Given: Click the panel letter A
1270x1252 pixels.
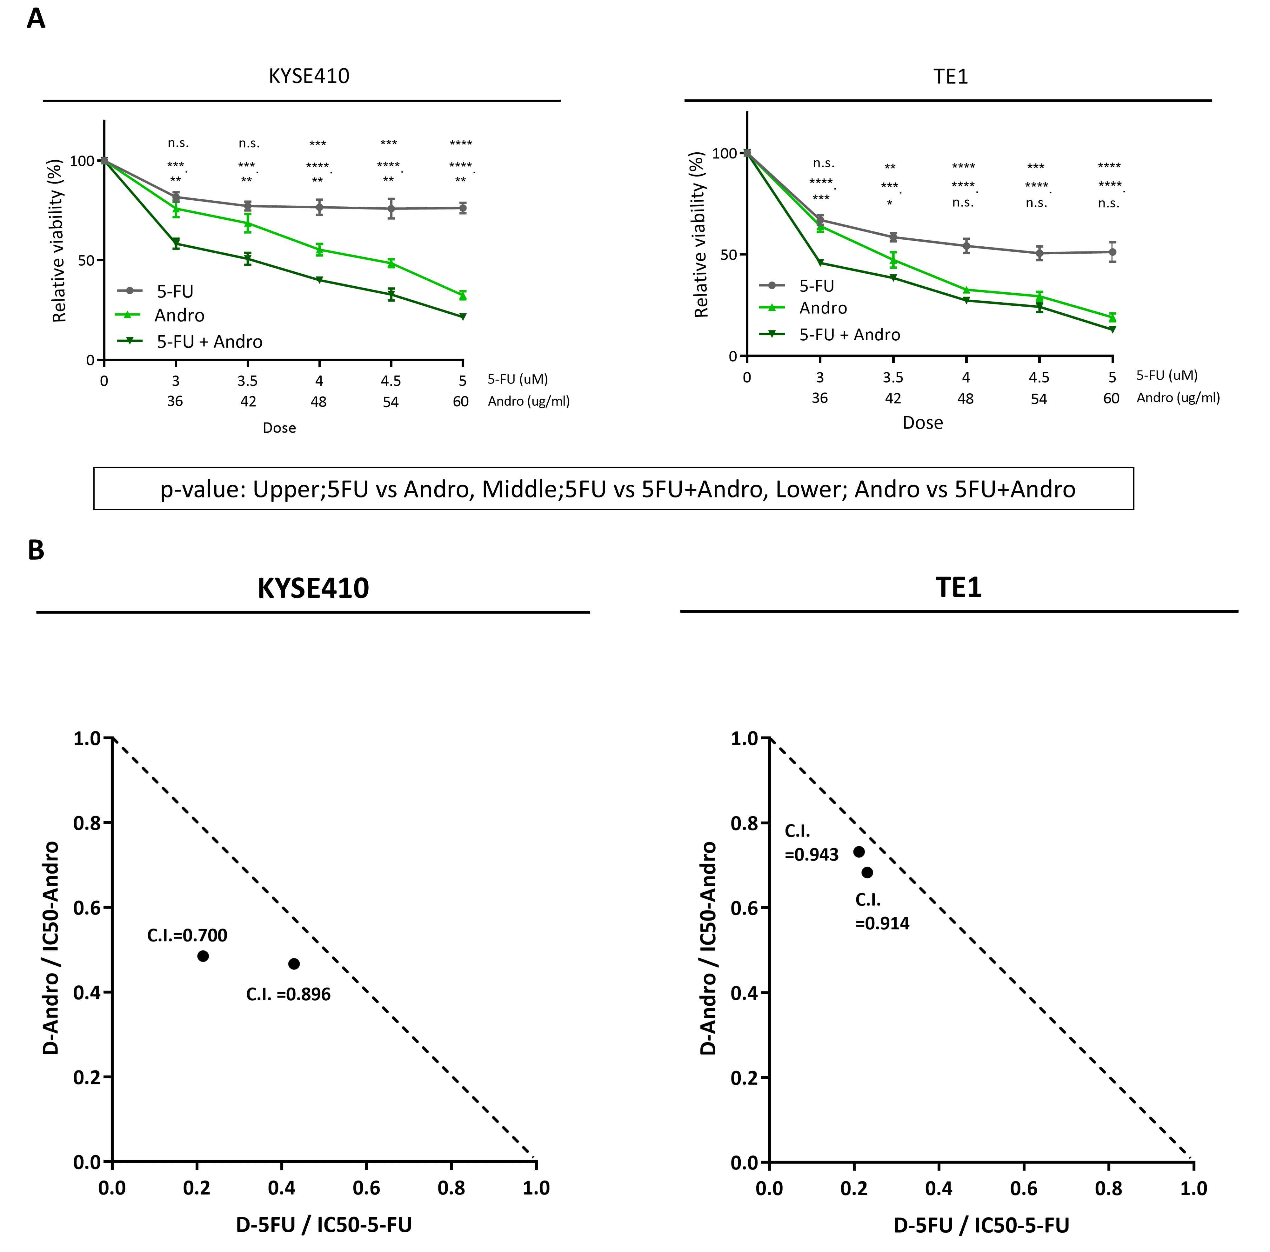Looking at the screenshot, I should coord(36,18).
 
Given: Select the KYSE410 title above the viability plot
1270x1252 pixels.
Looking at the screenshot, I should coord(309,76).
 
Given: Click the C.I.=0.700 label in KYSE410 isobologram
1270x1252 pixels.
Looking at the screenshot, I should coord(187,935).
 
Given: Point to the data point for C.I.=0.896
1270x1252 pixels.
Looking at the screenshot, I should coord(294,963).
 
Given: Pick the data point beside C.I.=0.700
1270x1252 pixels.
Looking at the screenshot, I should coord(203,956).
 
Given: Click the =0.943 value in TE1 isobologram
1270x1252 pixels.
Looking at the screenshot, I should coord(812,855).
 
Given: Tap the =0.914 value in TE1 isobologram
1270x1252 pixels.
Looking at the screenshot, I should coord(882,923).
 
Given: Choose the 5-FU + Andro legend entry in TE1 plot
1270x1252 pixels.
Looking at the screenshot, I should coord(849,335).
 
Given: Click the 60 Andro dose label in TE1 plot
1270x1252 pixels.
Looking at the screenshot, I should coord(1111,398).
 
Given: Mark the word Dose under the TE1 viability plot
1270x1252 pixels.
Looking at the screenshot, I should coord(922,423).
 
